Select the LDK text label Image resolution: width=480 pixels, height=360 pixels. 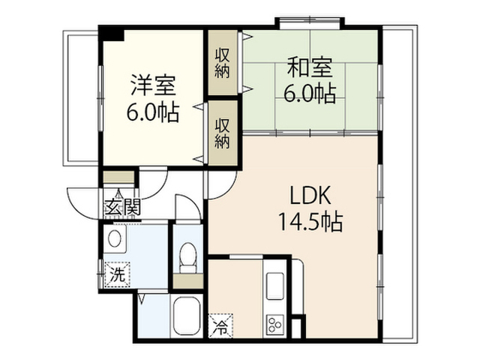(x=310, y=196)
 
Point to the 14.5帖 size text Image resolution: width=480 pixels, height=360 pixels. (x=310, y=221)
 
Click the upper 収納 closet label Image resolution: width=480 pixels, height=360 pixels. (x=222, y=63)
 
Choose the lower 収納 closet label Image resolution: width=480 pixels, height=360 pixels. (x=222, y=133)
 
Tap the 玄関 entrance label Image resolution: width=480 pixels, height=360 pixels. (x=123, y=207)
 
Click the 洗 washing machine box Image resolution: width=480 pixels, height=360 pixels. (x=118, y=274)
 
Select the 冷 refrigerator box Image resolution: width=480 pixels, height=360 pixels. (x=220, y=326)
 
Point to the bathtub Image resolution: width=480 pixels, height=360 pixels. (x=186, y=316)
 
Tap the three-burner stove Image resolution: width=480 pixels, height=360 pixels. (x=275, y=325)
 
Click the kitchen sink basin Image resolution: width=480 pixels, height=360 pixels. (x=275, y=286)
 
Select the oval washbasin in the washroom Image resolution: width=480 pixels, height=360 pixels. (x=115, y=238)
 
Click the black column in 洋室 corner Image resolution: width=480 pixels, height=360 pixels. (x=112, y=34)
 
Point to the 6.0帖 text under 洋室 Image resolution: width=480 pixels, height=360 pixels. (x=153, y=113)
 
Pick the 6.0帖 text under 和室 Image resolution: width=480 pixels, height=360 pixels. (x=310, y=93)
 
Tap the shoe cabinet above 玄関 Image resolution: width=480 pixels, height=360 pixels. (x=118, y=177)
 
